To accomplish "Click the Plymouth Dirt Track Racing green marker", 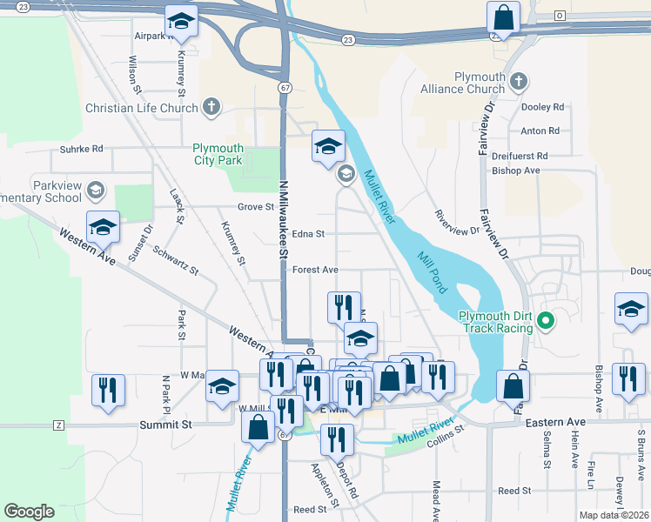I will click(x=546, y=321).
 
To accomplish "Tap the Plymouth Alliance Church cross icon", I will click(x=519, y=82).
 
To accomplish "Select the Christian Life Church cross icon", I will click(x=211, y=108).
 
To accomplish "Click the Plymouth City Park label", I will click(x=218, y=154).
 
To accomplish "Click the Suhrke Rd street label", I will click(x=82, y=149).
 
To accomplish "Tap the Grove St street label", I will click(x=257, y=207).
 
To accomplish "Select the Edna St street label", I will click(x=308, y=234).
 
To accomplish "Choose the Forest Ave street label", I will click(x=315, y=271).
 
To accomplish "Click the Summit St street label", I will click(x=165, y=425).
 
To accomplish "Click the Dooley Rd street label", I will click(x=543, y=107).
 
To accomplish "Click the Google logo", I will click(x=29, y=512).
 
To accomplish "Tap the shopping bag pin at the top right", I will click(x=503, y=17).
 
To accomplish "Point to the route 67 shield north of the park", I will click(x=285, y=88).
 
